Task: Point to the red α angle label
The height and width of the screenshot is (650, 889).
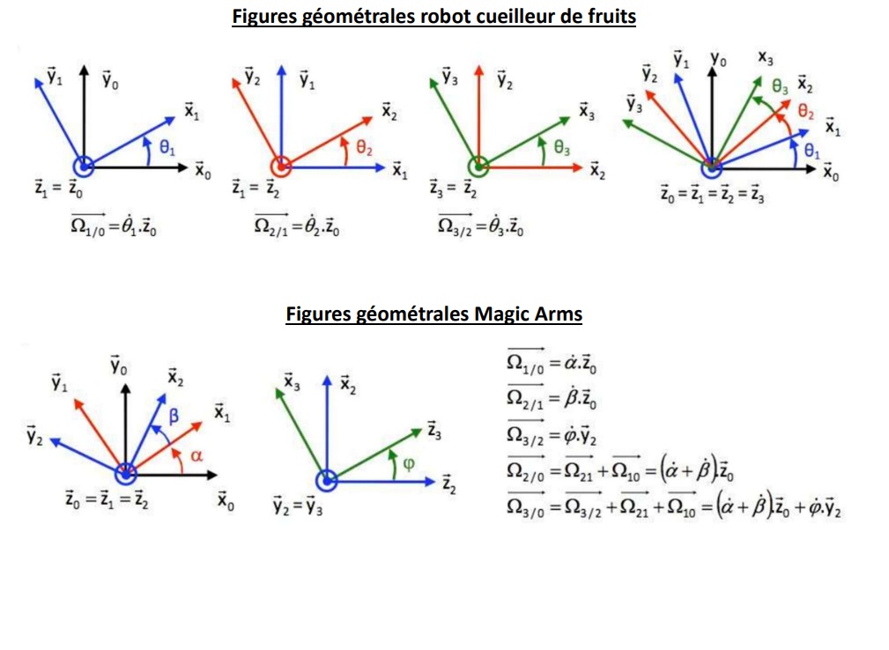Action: point(196,455)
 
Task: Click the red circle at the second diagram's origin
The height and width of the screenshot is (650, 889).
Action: point(280,166)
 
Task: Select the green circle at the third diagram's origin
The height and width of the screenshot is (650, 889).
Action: point(478,166)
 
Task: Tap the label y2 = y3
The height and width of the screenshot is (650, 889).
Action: point(297,506)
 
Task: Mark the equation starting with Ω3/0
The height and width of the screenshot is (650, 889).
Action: point(674,507)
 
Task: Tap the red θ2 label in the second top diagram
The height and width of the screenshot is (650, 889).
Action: point(365,151)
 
